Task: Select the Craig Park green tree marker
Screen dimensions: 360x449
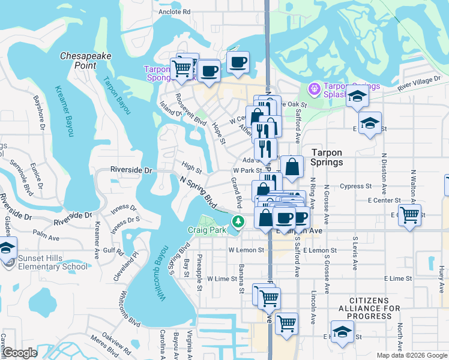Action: pyautogui.click(x=239, y=221)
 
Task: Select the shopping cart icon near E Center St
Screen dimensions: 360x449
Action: pyautogui.click(x=409, y=214)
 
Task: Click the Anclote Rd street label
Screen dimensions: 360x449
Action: pyautogui.click(x=174, y=11)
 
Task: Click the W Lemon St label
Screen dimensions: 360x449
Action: pyautogui.click(x=246, y=250)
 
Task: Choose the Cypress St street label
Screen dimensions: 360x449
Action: pyautogui.click(x=356, y=186)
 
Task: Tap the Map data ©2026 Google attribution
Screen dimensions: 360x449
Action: pyautogui.click(x=411, y=355)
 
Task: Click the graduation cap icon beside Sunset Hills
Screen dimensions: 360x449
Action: pyautogui.click(x=7, y=247)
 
